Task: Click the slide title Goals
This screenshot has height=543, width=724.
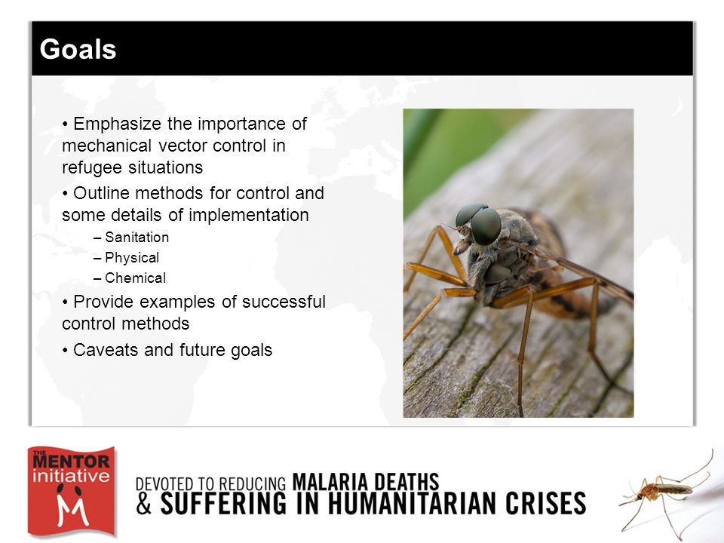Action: [78, 49]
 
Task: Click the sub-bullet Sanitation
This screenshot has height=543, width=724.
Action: [137, 238]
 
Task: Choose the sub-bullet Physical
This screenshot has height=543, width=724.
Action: [132, 258]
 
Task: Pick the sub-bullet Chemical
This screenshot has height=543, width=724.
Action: [135, 278]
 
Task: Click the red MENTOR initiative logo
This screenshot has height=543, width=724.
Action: [71, 491]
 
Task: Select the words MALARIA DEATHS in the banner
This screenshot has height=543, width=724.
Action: [366, 482]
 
